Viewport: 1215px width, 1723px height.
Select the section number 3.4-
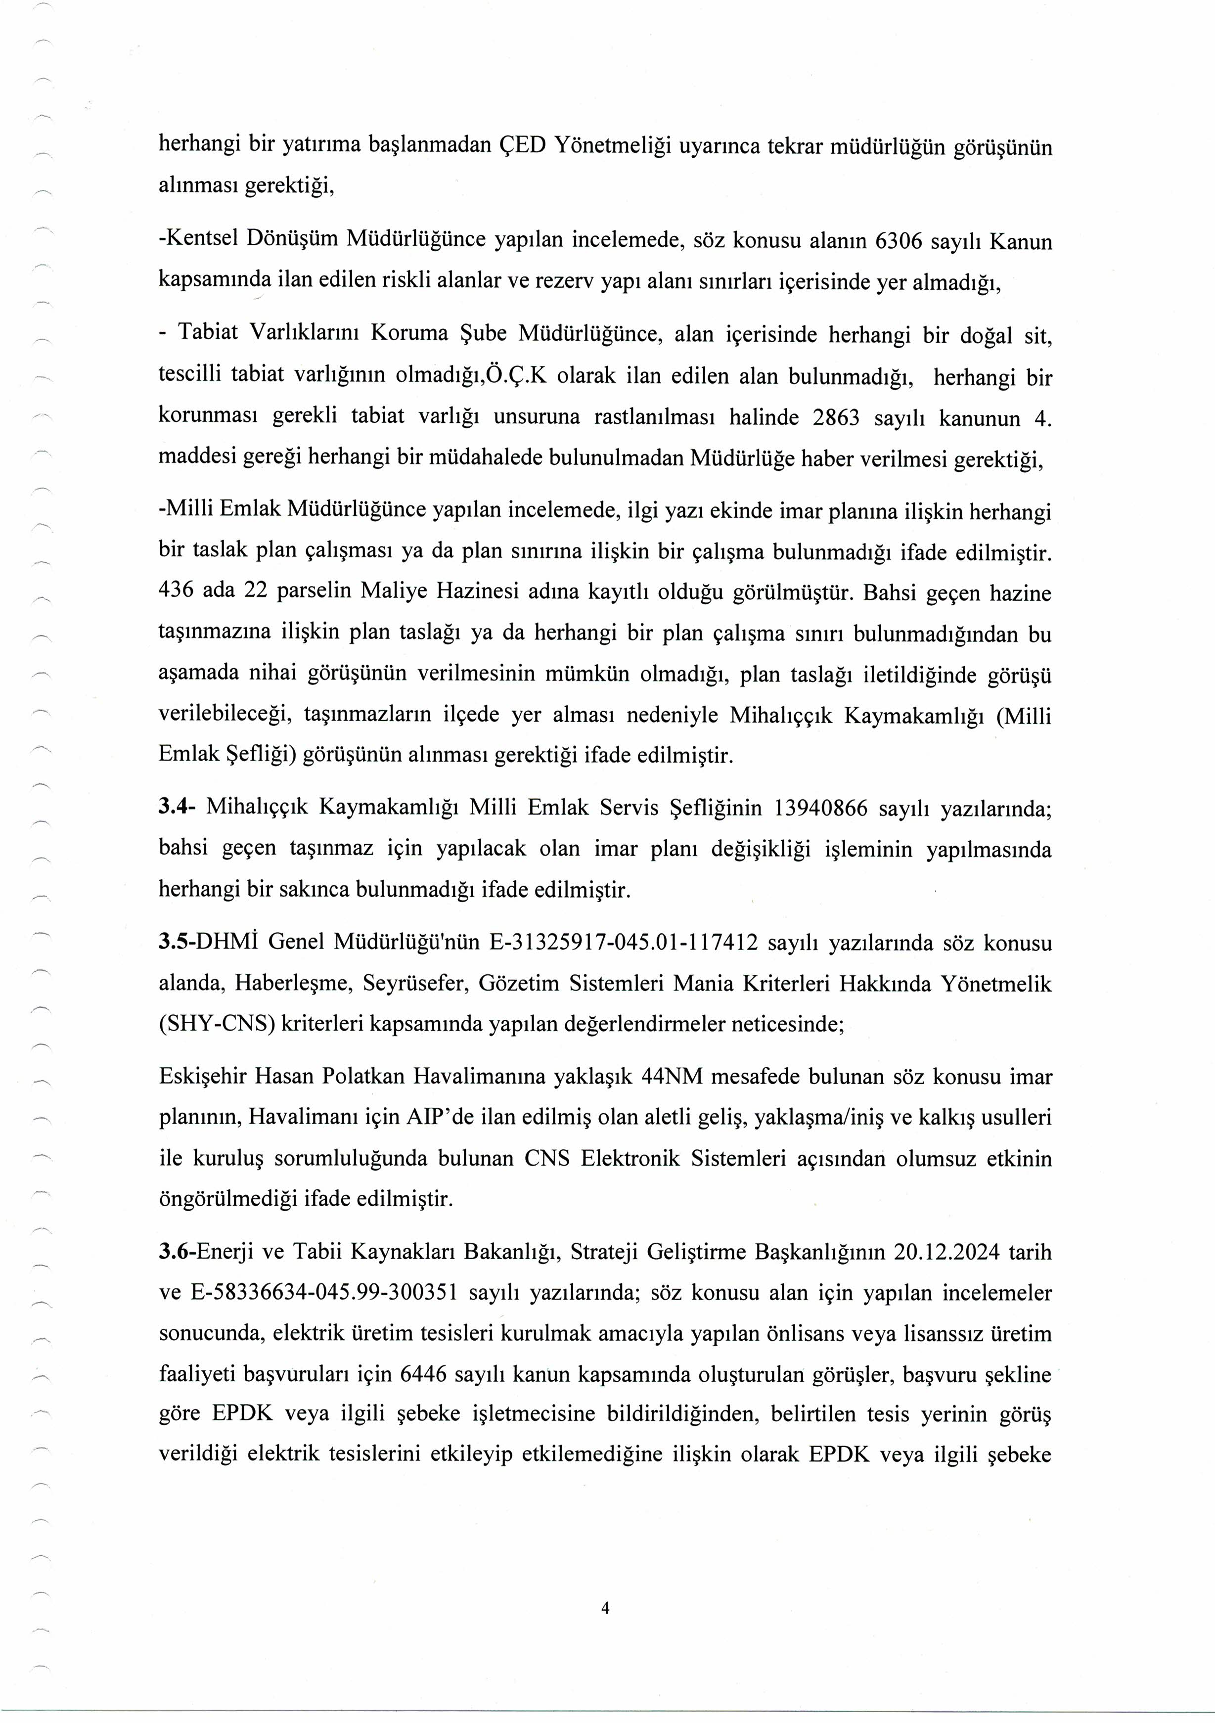click(x=177, y=808)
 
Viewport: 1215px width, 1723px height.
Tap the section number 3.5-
click(x=177, y=943)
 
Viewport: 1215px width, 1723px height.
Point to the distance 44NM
click(x=673, y=1077)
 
